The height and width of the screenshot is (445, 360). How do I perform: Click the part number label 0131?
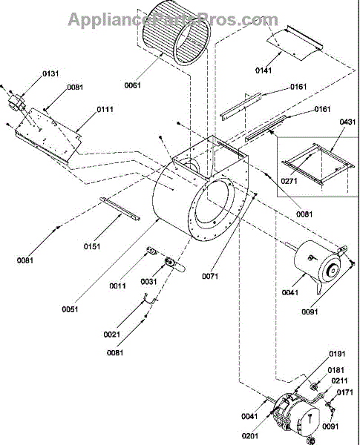51,73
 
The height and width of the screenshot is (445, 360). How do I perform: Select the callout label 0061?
133,85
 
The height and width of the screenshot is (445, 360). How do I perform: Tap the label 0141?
264,70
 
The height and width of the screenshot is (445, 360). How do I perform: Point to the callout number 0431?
347,122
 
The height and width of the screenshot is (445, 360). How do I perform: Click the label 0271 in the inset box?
289,181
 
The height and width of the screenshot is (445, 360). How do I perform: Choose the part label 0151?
92,246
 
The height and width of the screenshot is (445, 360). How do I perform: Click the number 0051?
70,309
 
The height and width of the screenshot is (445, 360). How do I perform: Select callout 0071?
210,276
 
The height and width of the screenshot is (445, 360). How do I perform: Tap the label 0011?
117,286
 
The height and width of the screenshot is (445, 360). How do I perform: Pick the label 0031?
149,282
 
